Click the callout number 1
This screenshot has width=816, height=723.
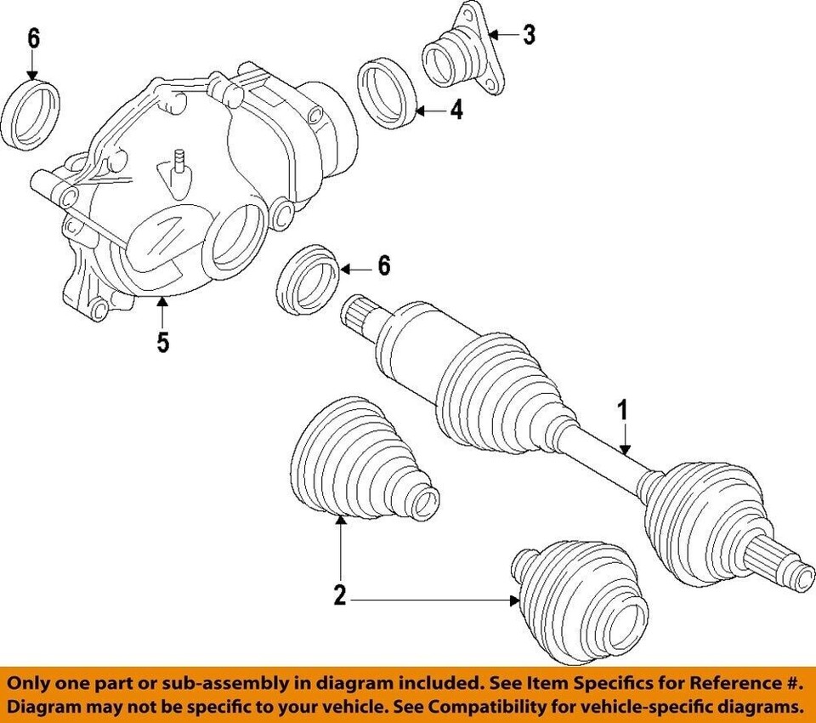click(623, 411)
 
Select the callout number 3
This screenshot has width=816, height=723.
click(529, 36)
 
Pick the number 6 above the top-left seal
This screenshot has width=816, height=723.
click(33, 38)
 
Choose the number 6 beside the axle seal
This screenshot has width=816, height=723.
click(384, 267)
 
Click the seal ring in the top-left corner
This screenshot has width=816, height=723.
click(37, 114)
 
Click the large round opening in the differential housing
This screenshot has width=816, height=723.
click(234, 246)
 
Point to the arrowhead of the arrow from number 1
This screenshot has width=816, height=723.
click(626, 454)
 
